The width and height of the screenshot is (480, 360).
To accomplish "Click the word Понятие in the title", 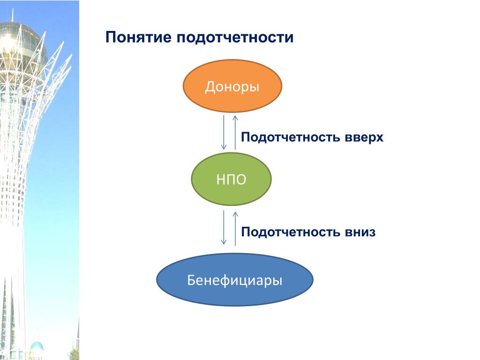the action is click(x=138, y=37).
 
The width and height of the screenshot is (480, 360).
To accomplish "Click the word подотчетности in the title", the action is click(x=235, y=37).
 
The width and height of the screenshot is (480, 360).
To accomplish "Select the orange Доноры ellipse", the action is click(x=232, y=86).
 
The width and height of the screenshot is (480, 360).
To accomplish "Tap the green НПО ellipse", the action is click(x=231, y=179).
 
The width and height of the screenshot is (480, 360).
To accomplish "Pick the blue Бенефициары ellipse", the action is click(x=235, y=279).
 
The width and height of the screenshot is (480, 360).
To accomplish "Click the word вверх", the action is click(x=364, y=137).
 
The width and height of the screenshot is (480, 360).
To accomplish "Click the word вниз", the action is click(x=360, y=232).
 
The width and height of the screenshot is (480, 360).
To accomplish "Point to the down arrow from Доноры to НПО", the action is click(x=224, y=132).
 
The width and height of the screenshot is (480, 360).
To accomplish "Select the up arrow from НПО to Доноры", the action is click(x=235, y=132).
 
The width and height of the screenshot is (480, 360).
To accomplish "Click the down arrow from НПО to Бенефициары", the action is click(x=224, y=227).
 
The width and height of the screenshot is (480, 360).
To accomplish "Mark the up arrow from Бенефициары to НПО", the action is click(x=235, y=229).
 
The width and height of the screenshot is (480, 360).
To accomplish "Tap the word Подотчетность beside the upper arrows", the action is click(x=291, y=137).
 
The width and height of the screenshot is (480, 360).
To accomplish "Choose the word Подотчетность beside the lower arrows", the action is click(x=291, y=232).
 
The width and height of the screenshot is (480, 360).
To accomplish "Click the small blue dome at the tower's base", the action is click(x=37, y=346).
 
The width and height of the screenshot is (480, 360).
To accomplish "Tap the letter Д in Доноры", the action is click(x=210, y=87).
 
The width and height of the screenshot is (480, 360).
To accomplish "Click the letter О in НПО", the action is click(x=240, y=180).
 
